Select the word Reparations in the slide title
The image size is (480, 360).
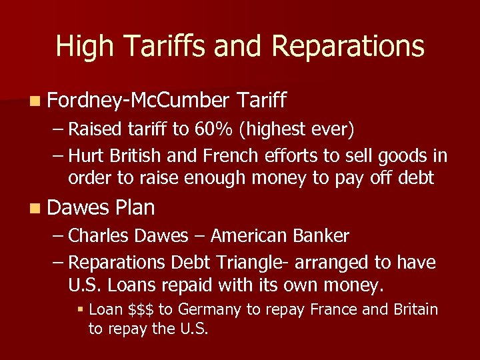point(348,47)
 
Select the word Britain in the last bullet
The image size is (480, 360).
point(413,309)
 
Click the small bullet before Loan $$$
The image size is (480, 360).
point(79,310)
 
